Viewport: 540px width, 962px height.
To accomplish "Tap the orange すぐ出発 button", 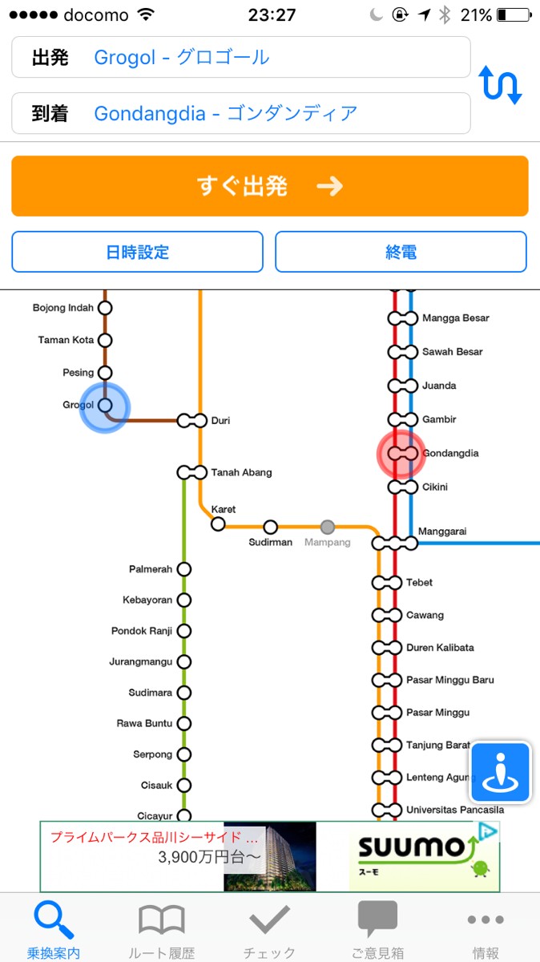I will [x=269, y=186].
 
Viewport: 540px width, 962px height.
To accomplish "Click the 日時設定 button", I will [x=137, y=252].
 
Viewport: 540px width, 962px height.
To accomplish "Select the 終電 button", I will [x=401, y=252].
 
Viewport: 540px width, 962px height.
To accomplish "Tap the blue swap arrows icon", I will [x=501, y=85].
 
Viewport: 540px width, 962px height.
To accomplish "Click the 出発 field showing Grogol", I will [x=240, y=57].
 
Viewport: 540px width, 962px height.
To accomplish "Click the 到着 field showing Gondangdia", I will [x=240, y=113].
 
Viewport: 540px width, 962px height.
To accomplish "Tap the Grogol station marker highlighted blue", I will [x=104, y=406].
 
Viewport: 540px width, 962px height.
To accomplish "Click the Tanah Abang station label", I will [x=241, y=473].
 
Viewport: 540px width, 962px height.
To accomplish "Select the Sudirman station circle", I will [x=271, y=527].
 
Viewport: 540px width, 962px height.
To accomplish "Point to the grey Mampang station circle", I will [x=327, y=527].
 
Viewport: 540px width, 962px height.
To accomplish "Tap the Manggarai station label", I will [x=442, y=532].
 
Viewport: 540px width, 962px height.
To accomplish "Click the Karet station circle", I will [x=218, y=524].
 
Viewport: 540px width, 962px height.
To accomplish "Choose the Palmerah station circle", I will [x=184, y=569].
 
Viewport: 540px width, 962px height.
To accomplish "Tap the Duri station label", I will [x=220, y=420].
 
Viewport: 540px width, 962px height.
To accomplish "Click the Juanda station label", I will [x=439, y=386].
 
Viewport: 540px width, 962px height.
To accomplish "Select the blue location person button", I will [x=501, y=773].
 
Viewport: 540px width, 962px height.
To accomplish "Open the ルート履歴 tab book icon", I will [x=162, y=921].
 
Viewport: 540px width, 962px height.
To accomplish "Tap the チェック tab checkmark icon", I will [x=269, y=921].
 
